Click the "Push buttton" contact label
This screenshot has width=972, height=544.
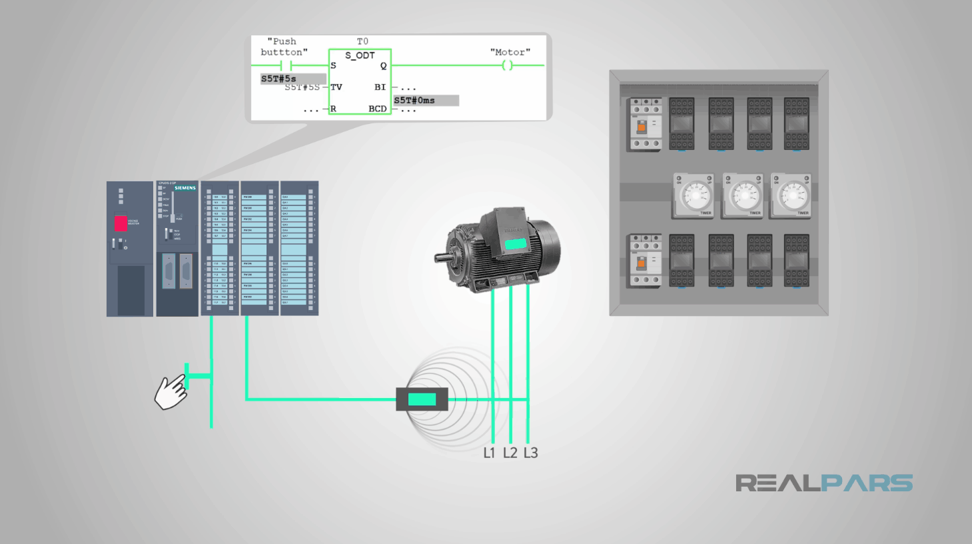point(284,47)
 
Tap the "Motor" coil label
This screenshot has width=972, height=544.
point(510,52)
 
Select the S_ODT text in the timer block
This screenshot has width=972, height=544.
point(360,56)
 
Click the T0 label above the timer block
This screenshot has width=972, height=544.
point(362,41)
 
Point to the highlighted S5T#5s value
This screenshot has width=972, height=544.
point(279,79)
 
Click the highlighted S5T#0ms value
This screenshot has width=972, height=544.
point(415,100)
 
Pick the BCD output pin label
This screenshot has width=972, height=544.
point(377,109)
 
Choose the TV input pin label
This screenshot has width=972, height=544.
point(336,87)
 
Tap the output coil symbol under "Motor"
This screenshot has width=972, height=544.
point(507,65)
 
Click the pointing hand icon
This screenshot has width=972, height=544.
point(171,393)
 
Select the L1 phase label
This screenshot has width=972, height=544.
point(489,453)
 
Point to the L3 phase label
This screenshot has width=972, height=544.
point(530,453)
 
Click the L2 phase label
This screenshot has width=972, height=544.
point(510,453)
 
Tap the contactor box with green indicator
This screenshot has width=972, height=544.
point(422,399)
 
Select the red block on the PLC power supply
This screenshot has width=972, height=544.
point(121,223)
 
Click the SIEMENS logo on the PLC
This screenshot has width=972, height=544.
point(185,188)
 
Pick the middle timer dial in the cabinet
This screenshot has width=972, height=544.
point(743,196)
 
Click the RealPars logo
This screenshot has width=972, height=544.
point(823,483)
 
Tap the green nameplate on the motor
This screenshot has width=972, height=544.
point(515,244)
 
